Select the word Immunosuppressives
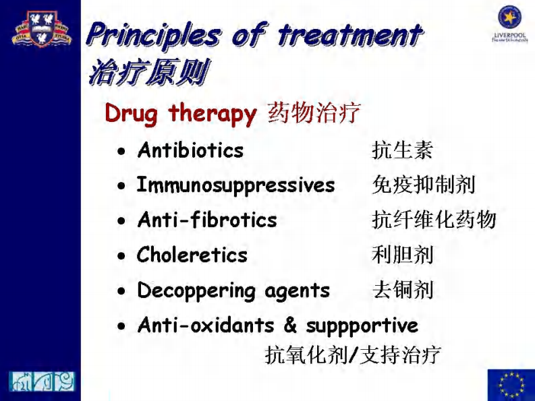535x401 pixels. click(235, 185)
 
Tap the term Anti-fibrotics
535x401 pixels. click(206, 220)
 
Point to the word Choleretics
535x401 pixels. click(192, 255)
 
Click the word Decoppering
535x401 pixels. click(196, 290)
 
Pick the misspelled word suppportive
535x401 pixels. click(362, 326)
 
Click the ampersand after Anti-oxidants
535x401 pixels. click(290, 326)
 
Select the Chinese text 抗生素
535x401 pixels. click(402, 150)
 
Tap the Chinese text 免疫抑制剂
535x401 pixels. click(424, 185)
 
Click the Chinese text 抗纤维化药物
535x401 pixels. click(434, 220)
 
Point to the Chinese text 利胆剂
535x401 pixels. click(402, 255)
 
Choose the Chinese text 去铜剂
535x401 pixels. click(402, 290)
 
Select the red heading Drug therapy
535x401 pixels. click(180, 113)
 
